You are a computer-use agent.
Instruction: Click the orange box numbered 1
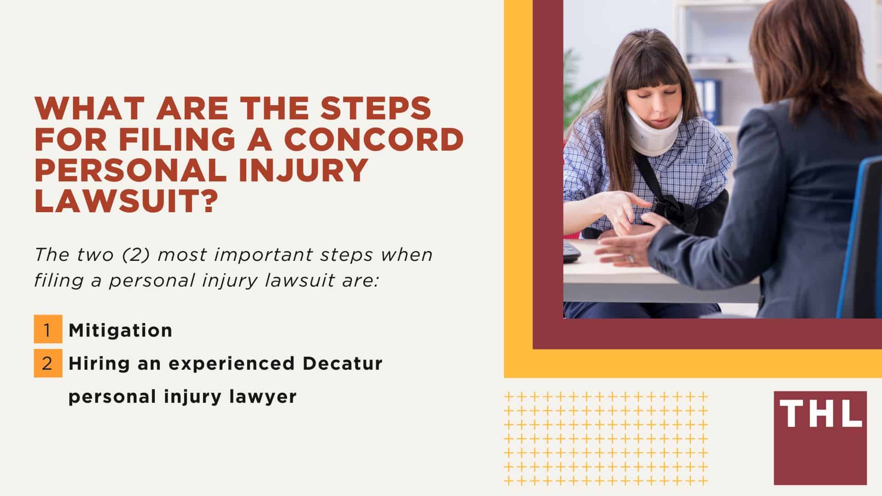[x=48, y=329]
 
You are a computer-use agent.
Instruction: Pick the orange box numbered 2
[x=48, y=363]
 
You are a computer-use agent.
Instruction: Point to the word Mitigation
[x=120, y=330]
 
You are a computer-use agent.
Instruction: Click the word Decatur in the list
[x=342, y=363]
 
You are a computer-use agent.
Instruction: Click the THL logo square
[x=820, y=438]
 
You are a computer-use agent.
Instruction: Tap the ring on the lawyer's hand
[x=631, y=259]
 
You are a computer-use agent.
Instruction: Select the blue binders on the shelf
[x=707, y=101]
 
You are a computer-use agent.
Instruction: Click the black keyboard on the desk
[x=571, y=252]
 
